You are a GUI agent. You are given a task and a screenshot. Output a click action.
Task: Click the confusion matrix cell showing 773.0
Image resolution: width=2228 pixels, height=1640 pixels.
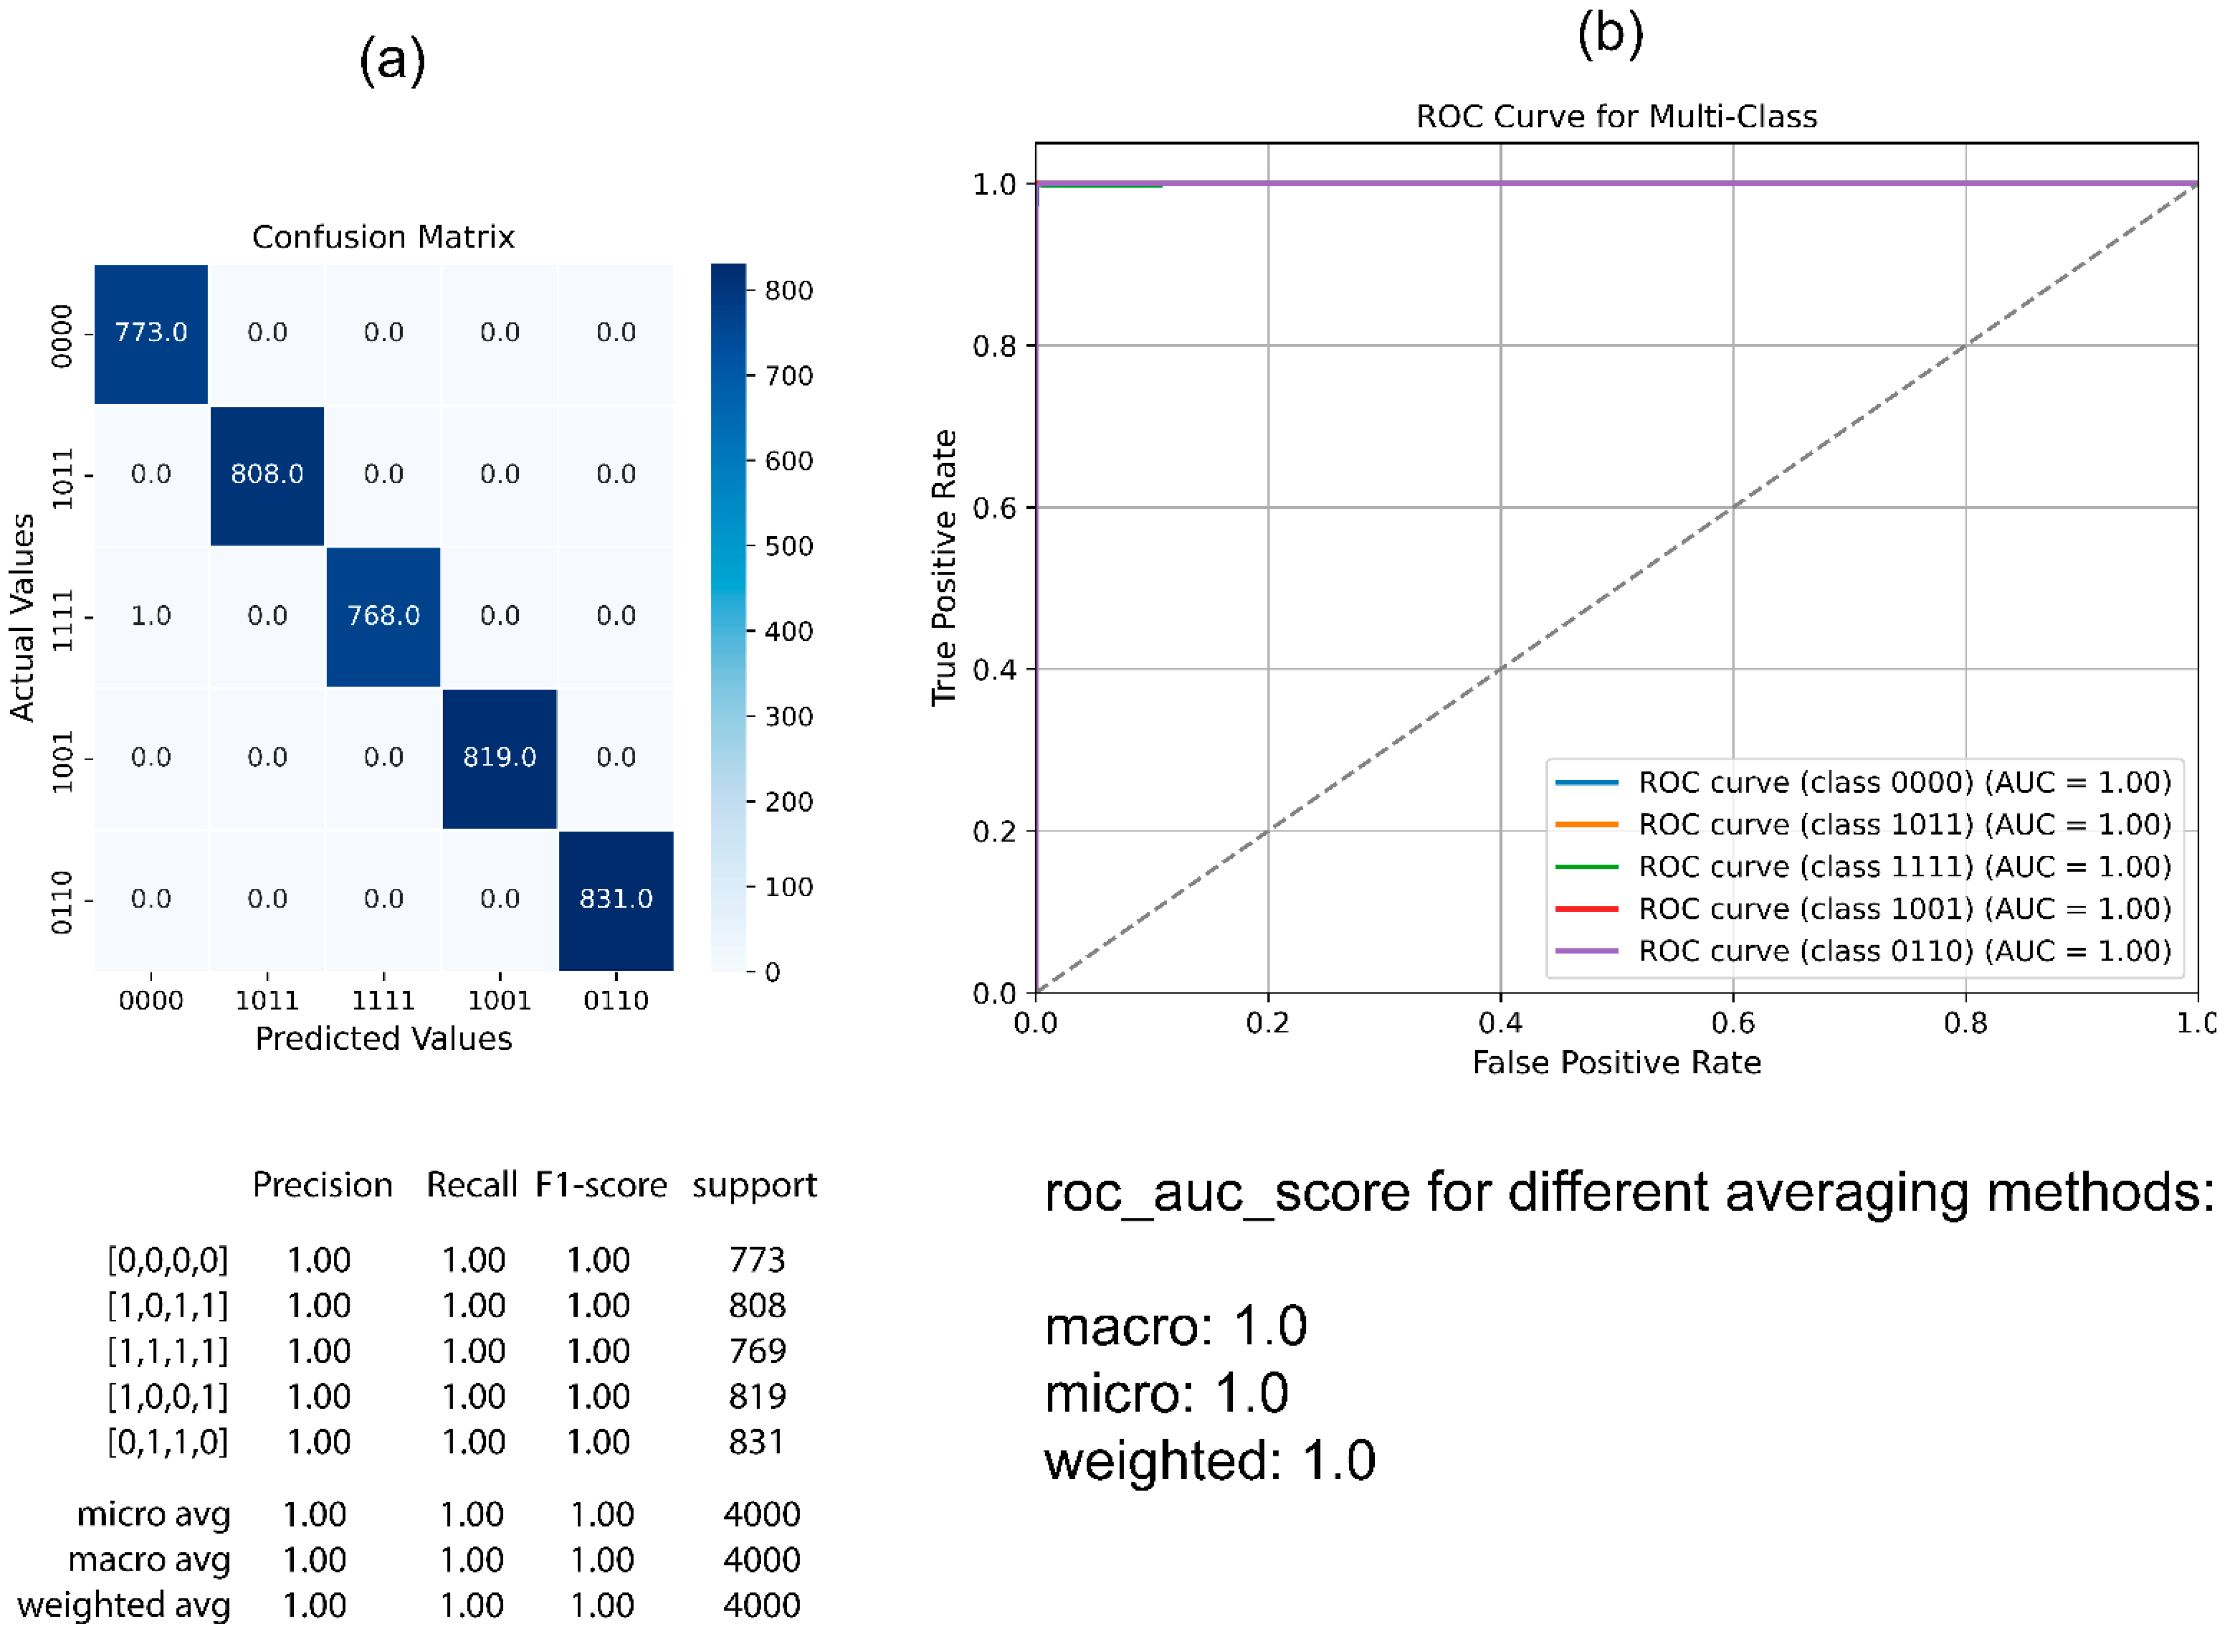tap(151, 333)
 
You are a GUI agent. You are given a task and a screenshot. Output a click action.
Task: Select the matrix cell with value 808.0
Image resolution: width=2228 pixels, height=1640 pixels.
tap(267, 475)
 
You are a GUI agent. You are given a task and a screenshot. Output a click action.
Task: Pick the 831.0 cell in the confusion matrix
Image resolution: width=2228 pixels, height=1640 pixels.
tap(616, 899)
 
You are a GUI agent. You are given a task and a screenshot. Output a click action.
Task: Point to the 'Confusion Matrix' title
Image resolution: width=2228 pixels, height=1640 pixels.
tap(383, 237)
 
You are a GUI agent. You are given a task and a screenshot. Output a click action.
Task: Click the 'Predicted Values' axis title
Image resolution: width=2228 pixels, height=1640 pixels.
tap(383, 1039)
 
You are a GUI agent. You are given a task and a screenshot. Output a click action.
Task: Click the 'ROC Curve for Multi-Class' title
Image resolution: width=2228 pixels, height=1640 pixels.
tap(1617, 117)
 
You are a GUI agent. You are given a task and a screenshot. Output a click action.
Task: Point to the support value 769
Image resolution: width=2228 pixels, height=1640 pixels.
tap(757, 1351)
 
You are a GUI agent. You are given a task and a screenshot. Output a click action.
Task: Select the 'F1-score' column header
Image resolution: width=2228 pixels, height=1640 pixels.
tap(601, 1185)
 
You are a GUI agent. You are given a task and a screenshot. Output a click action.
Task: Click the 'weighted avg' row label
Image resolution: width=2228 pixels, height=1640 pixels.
tap(124, 1605)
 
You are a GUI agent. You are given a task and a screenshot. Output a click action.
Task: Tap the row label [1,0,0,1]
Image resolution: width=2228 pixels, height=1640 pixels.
tap(168, 1397)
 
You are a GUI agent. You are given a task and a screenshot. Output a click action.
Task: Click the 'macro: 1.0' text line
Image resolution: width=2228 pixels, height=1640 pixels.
tap(1176, 1326)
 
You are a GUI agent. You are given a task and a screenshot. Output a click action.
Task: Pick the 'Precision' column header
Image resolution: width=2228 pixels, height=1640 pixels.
tap(323, 1185)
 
